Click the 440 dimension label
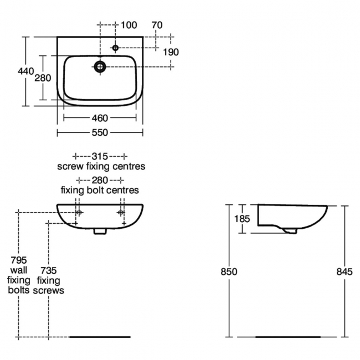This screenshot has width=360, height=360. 25,71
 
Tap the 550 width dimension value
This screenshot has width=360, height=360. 100,132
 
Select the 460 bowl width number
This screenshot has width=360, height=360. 100,118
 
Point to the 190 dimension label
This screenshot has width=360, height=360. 171,52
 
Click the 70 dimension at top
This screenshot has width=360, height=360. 157,25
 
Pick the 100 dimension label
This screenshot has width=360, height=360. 129,25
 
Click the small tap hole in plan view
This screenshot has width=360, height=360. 115,48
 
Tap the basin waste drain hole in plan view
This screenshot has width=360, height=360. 100,67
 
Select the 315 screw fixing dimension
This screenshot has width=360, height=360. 100,156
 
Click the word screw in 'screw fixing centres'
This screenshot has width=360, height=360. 70,166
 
